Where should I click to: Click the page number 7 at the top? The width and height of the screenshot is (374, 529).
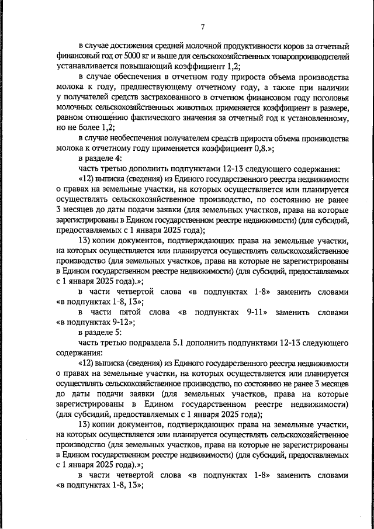(x=202, y=27)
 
